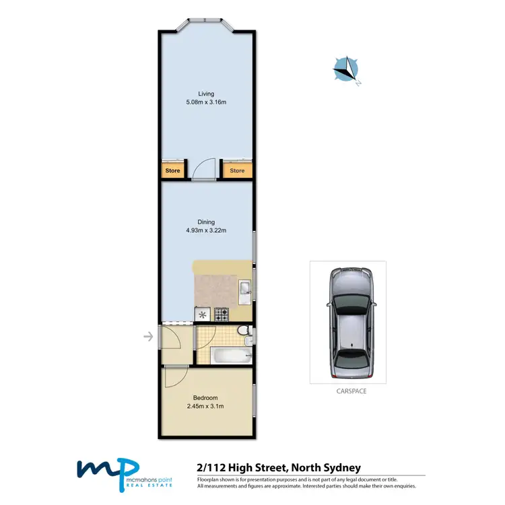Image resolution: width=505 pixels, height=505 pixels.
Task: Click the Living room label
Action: pyautogui.click(x=206, y=94)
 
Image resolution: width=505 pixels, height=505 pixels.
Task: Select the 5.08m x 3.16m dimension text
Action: pyautogui.click(x=206, y=102)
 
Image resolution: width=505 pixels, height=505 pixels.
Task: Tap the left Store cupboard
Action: pyautogui.click(x=173, y=171)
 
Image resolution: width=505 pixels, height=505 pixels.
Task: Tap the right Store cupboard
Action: pyautogui.click(x=237, y=171)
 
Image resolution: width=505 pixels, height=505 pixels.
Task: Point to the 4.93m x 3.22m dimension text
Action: pyautogui.click(x=206, y=231)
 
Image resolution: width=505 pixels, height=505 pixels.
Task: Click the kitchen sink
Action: pyautogui.click(x=246, y=290)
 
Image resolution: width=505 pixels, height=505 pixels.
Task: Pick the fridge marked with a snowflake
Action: pyautogui.click(x=202, y=313)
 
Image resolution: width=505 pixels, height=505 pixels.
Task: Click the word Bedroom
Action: pyautogui.click(x=206, y=398)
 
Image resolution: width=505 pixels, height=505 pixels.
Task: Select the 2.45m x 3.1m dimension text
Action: pyautogui.click(x=206, y=407)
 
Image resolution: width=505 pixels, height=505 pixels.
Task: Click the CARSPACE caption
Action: pyautogui.click(x=347, y=391)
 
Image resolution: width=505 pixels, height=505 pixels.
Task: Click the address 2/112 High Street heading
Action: pyautogui.click(x=279, y=467)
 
